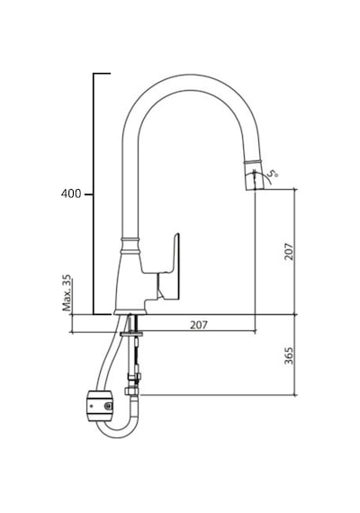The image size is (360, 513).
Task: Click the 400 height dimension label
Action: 71,193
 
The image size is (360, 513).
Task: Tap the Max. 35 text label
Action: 67,292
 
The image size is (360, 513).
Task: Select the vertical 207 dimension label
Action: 289,251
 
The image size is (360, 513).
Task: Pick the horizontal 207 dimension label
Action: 199,325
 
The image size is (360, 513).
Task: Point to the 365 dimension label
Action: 289,355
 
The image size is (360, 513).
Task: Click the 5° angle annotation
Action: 273,173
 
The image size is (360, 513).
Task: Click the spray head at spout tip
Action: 255,176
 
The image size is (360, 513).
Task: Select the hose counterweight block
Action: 100,405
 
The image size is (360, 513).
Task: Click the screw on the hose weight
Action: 108,406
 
